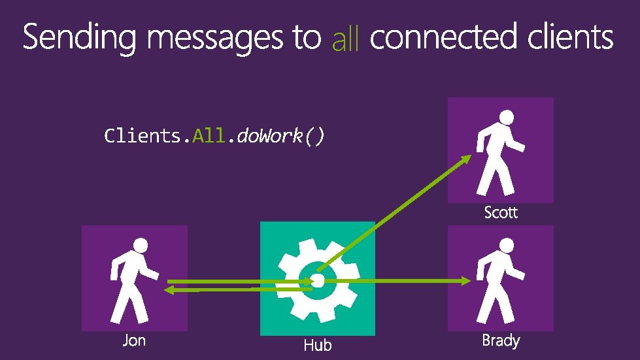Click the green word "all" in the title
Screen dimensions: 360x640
346,41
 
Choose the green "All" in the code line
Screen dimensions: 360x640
208,136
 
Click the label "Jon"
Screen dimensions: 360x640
134,340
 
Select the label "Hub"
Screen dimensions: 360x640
318,344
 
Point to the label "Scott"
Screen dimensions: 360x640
501,212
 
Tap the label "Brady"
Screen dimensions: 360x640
501,340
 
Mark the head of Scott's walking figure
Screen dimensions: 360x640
506,118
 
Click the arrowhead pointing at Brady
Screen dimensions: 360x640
466,281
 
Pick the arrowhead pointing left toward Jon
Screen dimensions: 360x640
168,289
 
